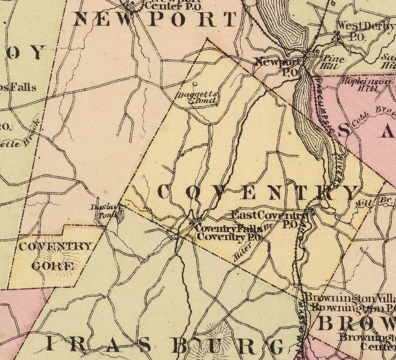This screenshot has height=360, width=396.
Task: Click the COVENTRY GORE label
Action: coord(54,256)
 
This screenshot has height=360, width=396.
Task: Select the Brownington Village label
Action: coord(349,299)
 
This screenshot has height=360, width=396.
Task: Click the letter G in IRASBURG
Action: coord(273,347)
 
